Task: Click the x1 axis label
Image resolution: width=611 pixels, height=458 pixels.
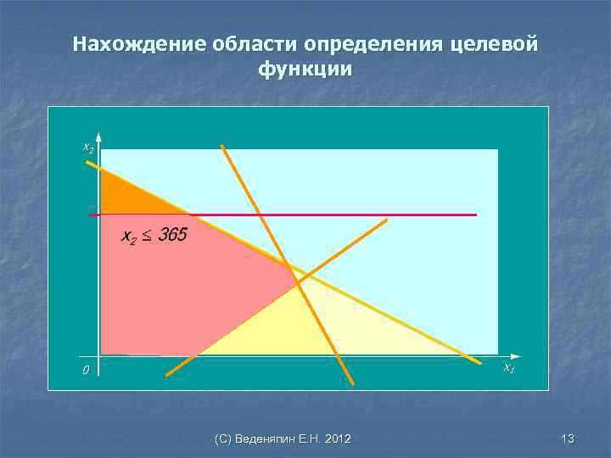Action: click(508, 367)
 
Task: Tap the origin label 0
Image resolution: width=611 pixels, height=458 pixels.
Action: click(85, 371)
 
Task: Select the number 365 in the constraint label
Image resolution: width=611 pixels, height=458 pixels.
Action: click(172, 235)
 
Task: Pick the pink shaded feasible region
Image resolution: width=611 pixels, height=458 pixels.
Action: click(187, 288)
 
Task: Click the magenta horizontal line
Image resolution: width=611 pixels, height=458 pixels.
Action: click(382, 215)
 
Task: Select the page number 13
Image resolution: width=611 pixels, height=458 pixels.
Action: click(568, 438)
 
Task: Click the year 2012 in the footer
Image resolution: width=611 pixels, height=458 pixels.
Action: click(336, 438)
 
